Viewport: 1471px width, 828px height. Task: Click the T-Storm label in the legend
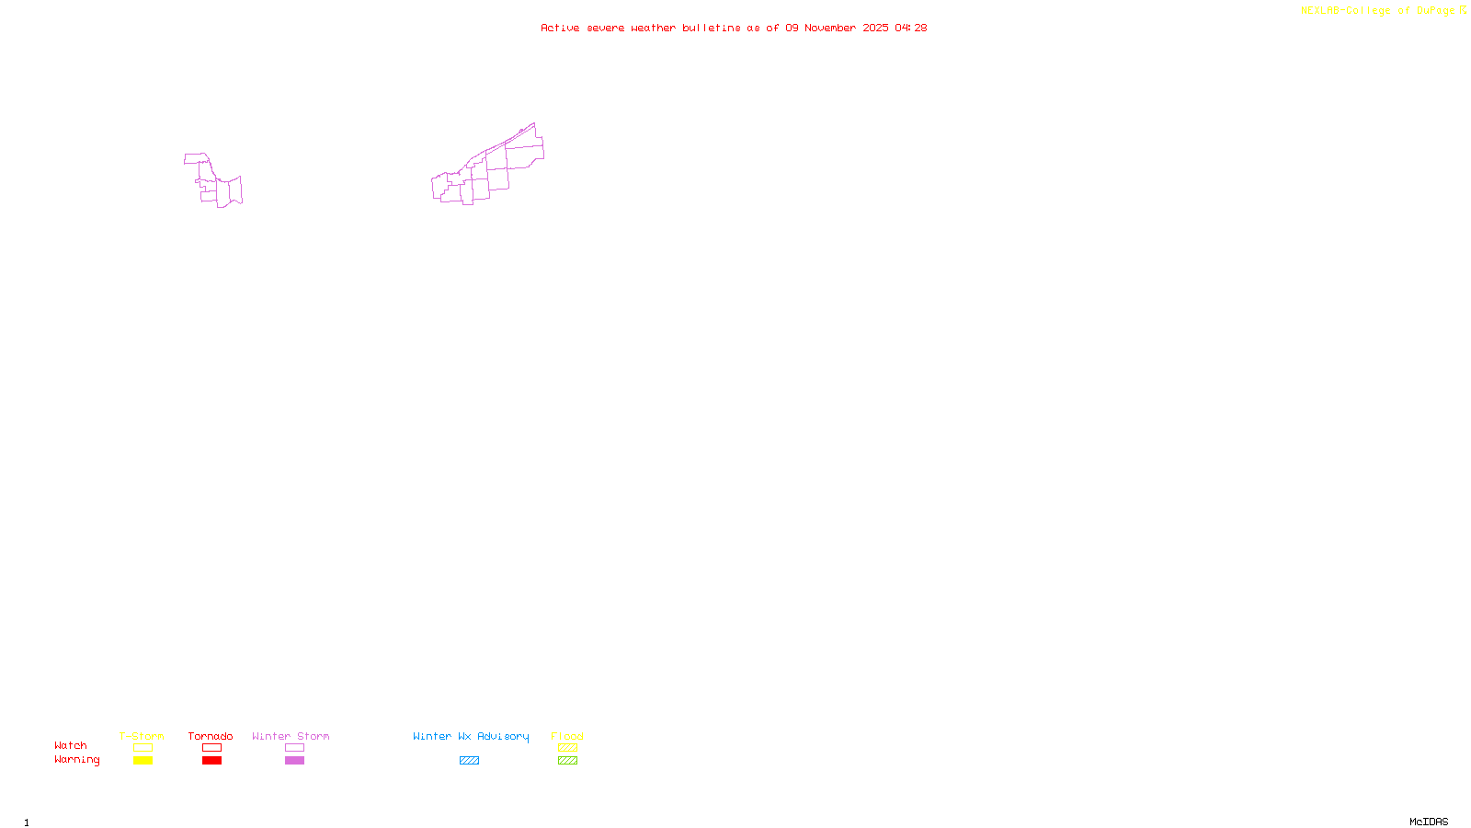[x=142, y=736]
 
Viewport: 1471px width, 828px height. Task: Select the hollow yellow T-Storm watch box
[x=143, y=748]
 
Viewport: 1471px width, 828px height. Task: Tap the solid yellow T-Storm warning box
[x=143, y=761]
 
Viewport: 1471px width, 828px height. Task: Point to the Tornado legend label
[x=211, y=736]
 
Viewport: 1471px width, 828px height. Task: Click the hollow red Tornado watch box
[x=211, y=748]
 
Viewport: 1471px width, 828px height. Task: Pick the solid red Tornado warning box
[x=211, y=761]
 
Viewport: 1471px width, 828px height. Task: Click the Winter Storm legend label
[x=291, y=736]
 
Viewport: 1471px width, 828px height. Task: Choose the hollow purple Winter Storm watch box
[x=294, y=748]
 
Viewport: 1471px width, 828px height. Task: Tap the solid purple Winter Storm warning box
[x=294, y=761]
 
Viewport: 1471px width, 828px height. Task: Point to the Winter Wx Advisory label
[x=471, y=736]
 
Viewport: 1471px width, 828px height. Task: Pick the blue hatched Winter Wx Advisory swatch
[x=469, y=761]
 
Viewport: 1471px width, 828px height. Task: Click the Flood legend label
[x=567, y=736]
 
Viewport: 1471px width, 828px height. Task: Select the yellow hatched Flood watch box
[x=567, y=748]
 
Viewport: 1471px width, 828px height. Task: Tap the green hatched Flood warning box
[x=567, y=761]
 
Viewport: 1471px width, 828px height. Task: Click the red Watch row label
[x=71, y=745]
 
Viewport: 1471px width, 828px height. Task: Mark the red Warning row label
[x=76, y=760]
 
